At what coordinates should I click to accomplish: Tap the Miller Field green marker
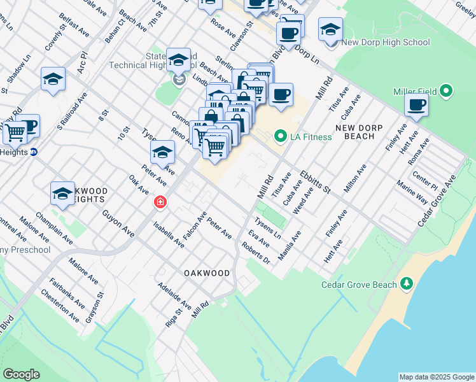(x=447, y=92)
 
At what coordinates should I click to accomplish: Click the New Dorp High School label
(x=386, y=43)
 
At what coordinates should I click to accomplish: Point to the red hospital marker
(x=160, y=202)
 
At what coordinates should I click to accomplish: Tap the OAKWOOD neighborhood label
(x=207, y=272)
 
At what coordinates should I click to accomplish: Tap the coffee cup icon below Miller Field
(x=416, y=105)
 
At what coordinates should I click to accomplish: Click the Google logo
(x=21, y=374)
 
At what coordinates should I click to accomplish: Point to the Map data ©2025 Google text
(x=436, y=377)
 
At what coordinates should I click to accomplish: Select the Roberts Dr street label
(x=256, y=252)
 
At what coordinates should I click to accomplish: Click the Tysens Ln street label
(x=268, y=227)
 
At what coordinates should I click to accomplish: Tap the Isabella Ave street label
(x=169, y=235)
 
